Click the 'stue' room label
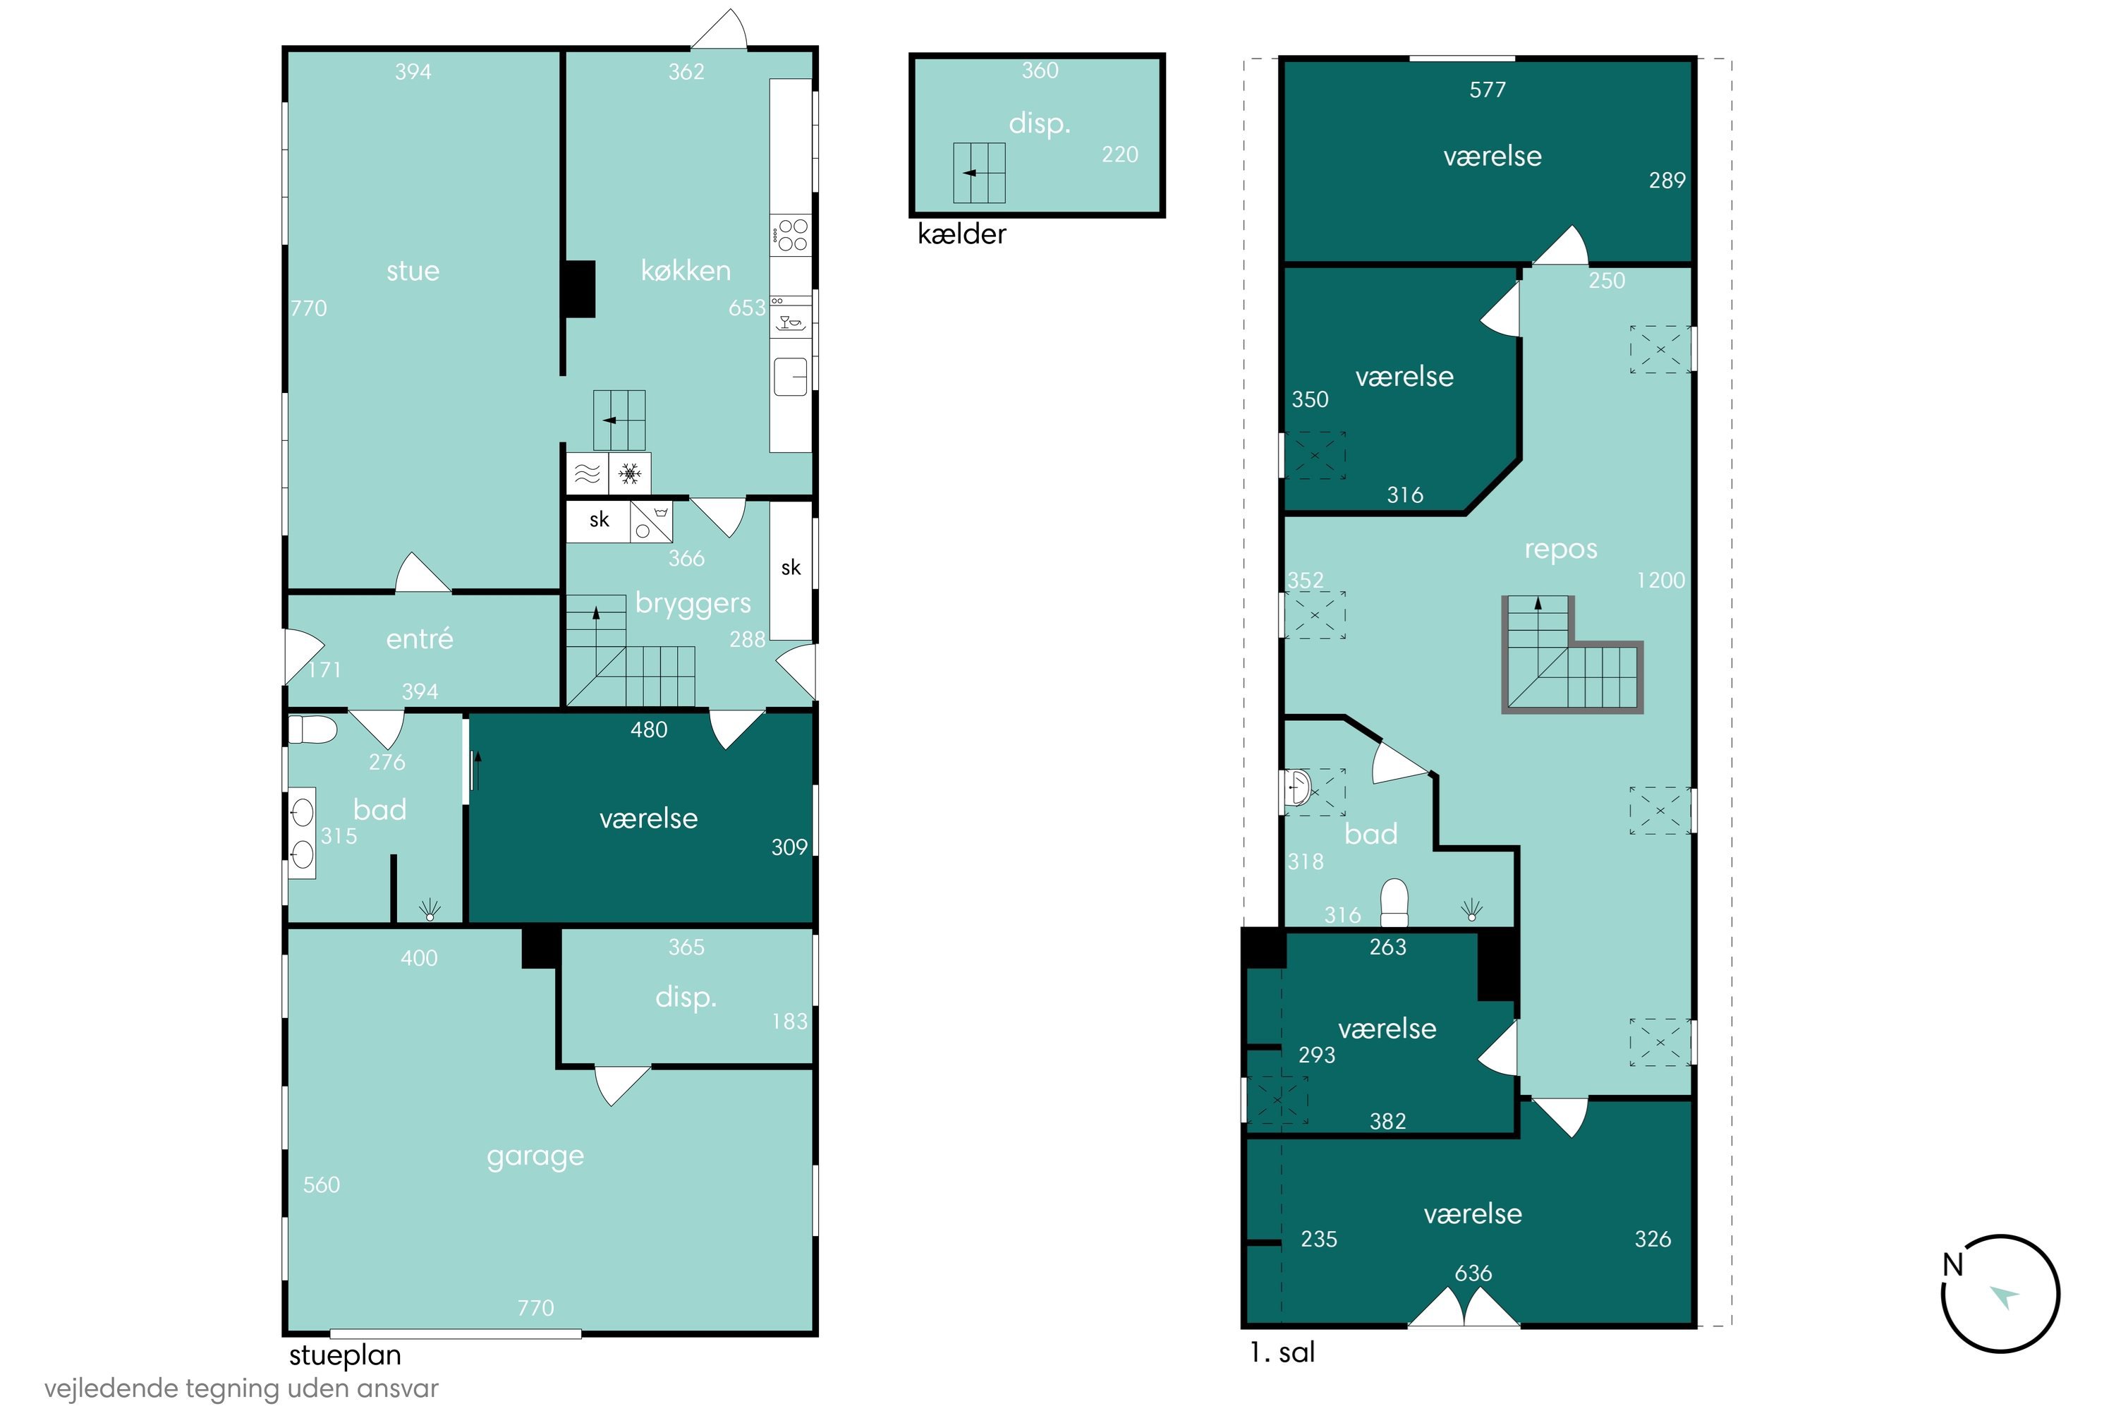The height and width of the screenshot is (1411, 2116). pos(413,271)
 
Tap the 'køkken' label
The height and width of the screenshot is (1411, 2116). pos(686,270)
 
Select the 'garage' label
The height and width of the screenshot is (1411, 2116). pos(535,1156)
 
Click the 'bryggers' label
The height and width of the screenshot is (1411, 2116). pos(693,604)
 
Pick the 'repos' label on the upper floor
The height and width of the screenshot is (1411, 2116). pos(1560,550)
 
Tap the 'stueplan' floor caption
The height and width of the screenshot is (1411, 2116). pos(345,1355)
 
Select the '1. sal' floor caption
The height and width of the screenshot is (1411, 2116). pos(1282,1352)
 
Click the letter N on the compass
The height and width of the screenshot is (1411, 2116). pos(1953,1265)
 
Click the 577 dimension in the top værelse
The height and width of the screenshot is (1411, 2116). pos(1487,90)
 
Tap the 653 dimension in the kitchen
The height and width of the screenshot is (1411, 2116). pos(747,308)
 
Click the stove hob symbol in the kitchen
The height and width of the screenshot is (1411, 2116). pos(791,234)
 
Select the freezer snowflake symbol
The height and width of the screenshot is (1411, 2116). pos(630,473)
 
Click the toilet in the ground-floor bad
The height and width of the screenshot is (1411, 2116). pos(312,729)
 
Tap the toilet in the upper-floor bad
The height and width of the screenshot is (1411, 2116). pos(1394,902)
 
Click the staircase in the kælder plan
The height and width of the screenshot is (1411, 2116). pos(979,173)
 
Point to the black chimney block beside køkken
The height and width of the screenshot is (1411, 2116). pos(578,289)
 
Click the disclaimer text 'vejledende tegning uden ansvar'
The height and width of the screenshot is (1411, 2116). pos(241,1388)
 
